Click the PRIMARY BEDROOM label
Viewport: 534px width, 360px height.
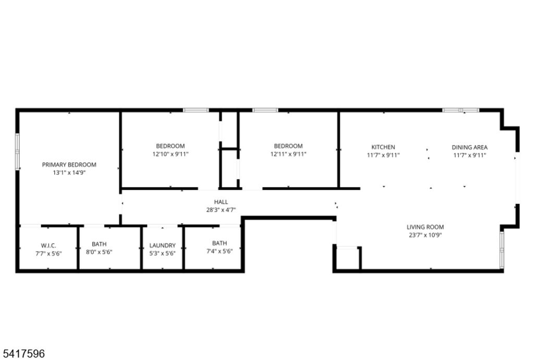(x=69, y=164)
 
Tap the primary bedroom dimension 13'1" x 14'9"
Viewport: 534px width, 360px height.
(x=69, y=172)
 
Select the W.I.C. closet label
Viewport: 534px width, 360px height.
(x=48, y=246)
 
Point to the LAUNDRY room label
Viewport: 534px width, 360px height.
(x=163, y=246)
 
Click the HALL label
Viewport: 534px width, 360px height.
(x=221, y=202)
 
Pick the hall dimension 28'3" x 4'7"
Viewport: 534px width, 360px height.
(x=221, y=210)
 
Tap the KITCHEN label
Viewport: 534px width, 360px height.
(x=383, y=147)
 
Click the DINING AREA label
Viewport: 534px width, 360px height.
(x=469, y=147)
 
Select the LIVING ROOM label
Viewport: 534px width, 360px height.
(x=425, y=227)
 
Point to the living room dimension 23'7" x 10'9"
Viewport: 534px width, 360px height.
(x=425, y=235)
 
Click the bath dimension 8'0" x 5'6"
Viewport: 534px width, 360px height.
(x=99, y=251)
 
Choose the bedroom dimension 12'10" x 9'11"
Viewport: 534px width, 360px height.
(x=171, y=154)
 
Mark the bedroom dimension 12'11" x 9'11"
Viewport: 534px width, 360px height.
(x=288, y=154)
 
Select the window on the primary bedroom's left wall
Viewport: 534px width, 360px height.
(x=17, y=151)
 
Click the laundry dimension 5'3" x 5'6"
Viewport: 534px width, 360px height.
(x=163, y=253)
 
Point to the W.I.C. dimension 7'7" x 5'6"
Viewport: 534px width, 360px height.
(x=48, y=253)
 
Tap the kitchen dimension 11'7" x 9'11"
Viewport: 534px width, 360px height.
(x=383, y=155)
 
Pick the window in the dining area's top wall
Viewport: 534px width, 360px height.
(x=460, y=110)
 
